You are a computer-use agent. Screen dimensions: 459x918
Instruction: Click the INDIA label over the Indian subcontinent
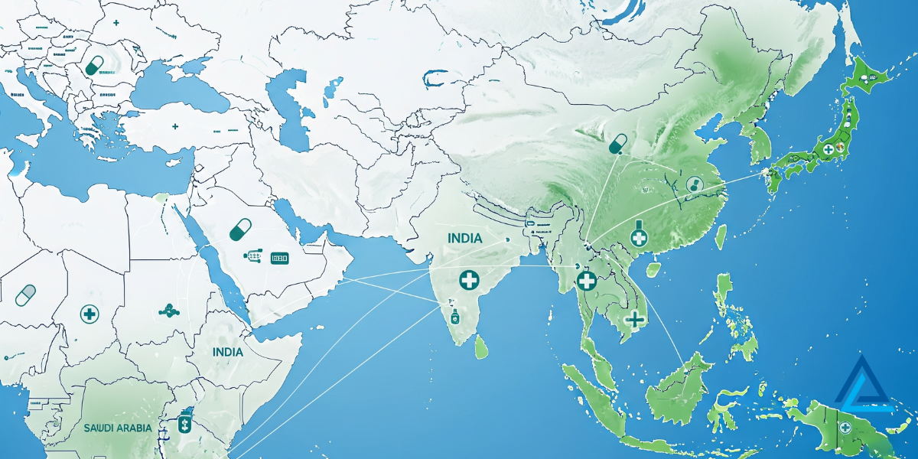(465, 239)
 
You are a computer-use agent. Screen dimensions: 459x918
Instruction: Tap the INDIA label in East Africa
(229, 352)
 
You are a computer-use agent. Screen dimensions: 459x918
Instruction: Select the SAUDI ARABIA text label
(118, 428)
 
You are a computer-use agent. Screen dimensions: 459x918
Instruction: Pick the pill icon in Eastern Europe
(95, 65)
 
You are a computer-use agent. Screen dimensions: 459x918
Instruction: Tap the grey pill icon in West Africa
(25, 294)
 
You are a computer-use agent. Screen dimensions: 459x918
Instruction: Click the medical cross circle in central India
(469, 280)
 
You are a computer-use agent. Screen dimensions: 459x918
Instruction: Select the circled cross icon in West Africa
(89, 313)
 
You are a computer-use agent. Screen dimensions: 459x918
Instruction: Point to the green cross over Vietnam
(634, 318)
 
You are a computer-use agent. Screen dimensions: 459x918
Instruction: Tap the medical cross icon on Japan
(826, 149)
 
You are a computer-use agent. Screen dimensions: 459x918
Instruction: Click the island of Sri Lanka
(480, 348)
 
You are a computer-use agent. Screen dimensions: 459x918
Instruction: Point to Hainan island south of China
(653, 269)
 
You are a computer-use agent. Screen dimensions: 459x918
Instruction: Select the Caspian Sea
(291, 107)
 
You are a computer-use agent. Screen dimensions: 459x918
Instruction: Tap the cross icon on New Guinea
(845, 428)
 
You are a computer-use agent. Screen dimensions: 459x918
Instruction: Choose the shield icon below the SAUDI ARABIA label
(184, 423)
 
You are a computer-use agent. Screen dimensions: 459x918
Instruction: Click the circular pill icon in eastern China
(694, 184)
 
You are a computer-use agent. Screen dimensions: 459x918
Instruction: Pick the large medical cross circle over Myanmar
(587, 281)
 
